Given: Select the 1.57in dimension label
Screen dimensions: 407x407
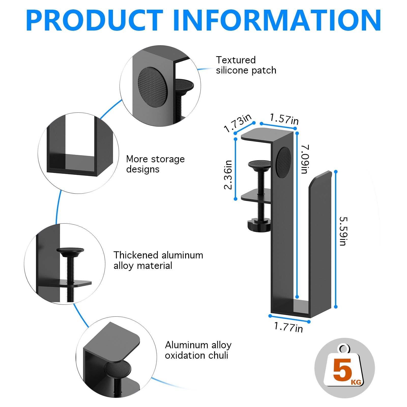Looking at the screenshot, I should (x=284, y=119).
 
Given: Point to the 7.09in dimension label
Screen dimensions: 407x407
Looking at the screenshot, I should (x=305, y=159).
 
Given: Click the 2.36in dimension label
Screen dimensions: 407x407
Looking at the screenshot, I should (x=228, y=175).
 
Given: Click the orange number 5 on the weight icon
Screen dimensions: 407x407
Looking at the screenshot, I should (x=342, y=370).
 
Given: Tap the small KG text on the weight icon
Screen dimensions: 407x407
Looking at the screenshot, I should (x=356, y=382).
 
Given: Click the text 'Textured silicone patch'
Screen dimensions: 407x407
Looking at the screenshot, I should (x=246, y=65).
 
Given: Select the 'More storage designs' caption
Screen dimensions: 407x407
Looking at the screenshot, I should (x=155, y=164).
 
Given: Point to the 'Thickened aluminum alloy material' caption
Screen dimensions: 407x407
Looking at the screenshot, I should (x=158, y=260).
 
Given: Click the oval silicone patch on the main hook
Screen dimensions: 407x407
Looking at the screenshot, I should (x=283, y=162).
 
